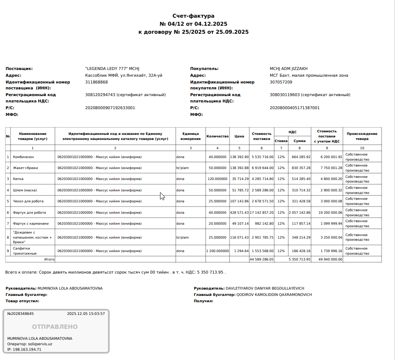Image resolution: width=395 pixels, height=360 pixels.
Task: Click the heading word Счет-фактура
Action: tap(193, 16)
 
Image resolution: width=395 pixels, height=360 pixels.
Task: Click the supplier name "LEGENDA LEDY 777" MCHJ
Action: tap(112, 68)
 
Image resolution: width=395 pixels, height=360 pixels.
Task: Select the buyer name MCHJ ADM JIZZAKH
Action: tap(288, 68)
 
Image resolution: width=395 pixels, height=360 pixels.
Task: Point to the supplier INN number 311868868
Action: tap(96, 82)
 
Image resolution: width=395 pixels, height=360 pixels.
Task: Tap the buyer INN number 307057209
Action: tap(281, 82)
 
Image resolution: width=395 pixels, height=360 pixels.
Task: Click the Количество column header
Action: tap(217, 136)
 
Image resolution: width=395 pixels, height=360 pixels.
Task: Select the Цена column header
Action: tap(239, 136)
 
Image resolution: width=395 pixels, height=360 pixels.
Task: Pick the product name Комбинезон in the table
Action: tap(24, 157)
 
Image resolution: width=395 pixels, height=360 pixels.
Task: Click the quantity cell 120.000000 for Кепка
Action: tap(218, 179)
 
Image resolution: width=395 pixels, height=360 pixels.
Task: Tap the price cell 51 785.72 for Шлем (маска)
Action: tap(240, 190)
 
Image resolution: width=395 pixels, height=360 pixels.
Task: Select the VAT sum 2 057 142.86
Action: tap(300, 212)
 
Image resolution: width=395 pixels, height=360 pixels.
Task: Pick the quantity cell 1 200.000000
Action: tap(217, 251)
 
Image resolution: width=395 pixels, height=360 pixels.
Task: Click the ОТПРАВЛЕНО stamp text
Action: tap(55, 327)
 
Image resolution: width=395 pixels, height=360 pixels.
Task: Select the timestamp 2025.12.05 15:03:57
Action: tap(86, 314)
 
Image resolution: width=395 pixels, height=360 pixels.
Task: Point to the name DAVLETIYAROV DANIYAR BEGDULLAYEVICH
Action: tap(264, 288)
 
